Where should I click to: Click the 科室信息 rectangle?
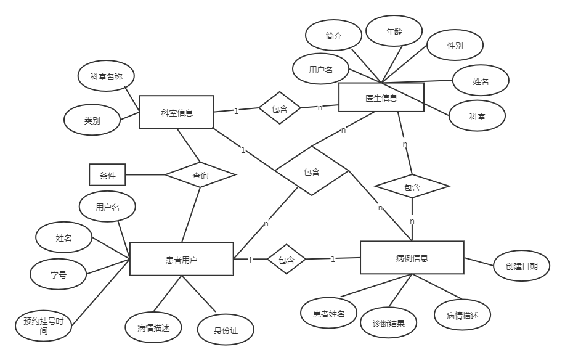[x=176, y=112]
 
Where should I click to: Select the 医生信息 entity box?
[x=381, y=97]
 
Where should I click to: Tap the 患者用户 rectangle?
[x=181, y=260]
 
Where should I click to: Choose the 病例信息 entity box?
[x=412, y=258]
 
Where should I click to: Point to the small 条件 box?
[x=107, y=176]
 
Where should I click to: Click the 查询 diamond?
[x=200, y=176]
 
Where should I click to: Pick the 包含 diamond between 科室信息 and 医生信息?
[x=279, y=108]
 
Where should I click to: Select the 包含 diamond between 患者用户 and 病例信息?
[x=287, y=260]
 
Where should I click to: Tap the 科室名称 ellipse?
[x=107, y=77]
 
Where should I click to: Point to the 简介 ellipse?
[x=334, y=36]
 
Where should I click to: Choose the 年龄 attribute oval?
[x=394, y=31]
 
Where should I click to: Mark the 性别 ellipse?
[x=455, y=46]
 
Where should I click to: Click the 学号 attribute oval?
[x=59, y=275]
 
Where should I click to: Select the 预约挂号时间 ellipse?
[x=43, y=326]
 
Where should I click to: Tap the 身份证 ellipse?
[x=226, y=330]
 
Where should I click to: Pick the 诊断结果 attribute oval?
[x=389, y=323]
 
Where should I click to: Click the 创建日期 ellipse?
[x=521, y=266]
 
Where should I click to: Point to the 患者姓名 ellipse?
[x=330, y=314]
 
